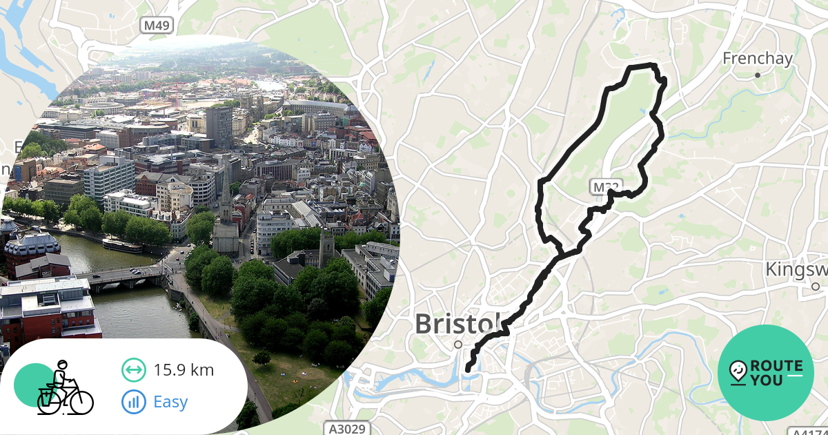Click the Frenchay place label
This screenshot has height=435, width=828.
point(757,59)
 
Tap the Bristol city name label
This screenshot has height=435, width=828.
point(457,323)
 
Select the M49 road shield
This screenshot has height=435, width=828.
point(157,26)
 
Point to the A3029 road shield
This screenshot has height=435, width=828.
point(346,429)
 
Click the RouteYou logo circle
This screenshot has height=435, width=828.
point(766,373)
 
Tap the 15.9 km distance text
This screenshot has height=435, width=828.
point(184,370)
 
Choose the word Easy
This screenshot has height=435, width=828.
point(170,401)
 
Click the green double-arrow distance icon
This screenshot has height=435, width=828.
point(133,370)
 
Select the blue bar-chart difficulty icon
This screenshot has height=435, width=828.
point(133,401)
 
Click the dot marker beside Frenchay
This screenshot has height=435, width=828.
point(757,75)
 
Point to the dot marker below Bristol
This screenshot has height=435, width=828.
point(457,344)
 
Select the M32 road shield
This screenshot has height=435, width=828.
point(602,186)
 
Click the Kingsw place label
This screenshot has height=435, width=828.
point(797,269)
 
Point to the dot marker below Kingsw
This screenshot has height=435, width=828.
point(815,286)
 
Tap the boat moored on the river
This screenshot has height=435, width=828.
point(122,245)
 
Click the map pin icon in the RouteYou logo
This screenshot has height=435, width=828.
point(738,372)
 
